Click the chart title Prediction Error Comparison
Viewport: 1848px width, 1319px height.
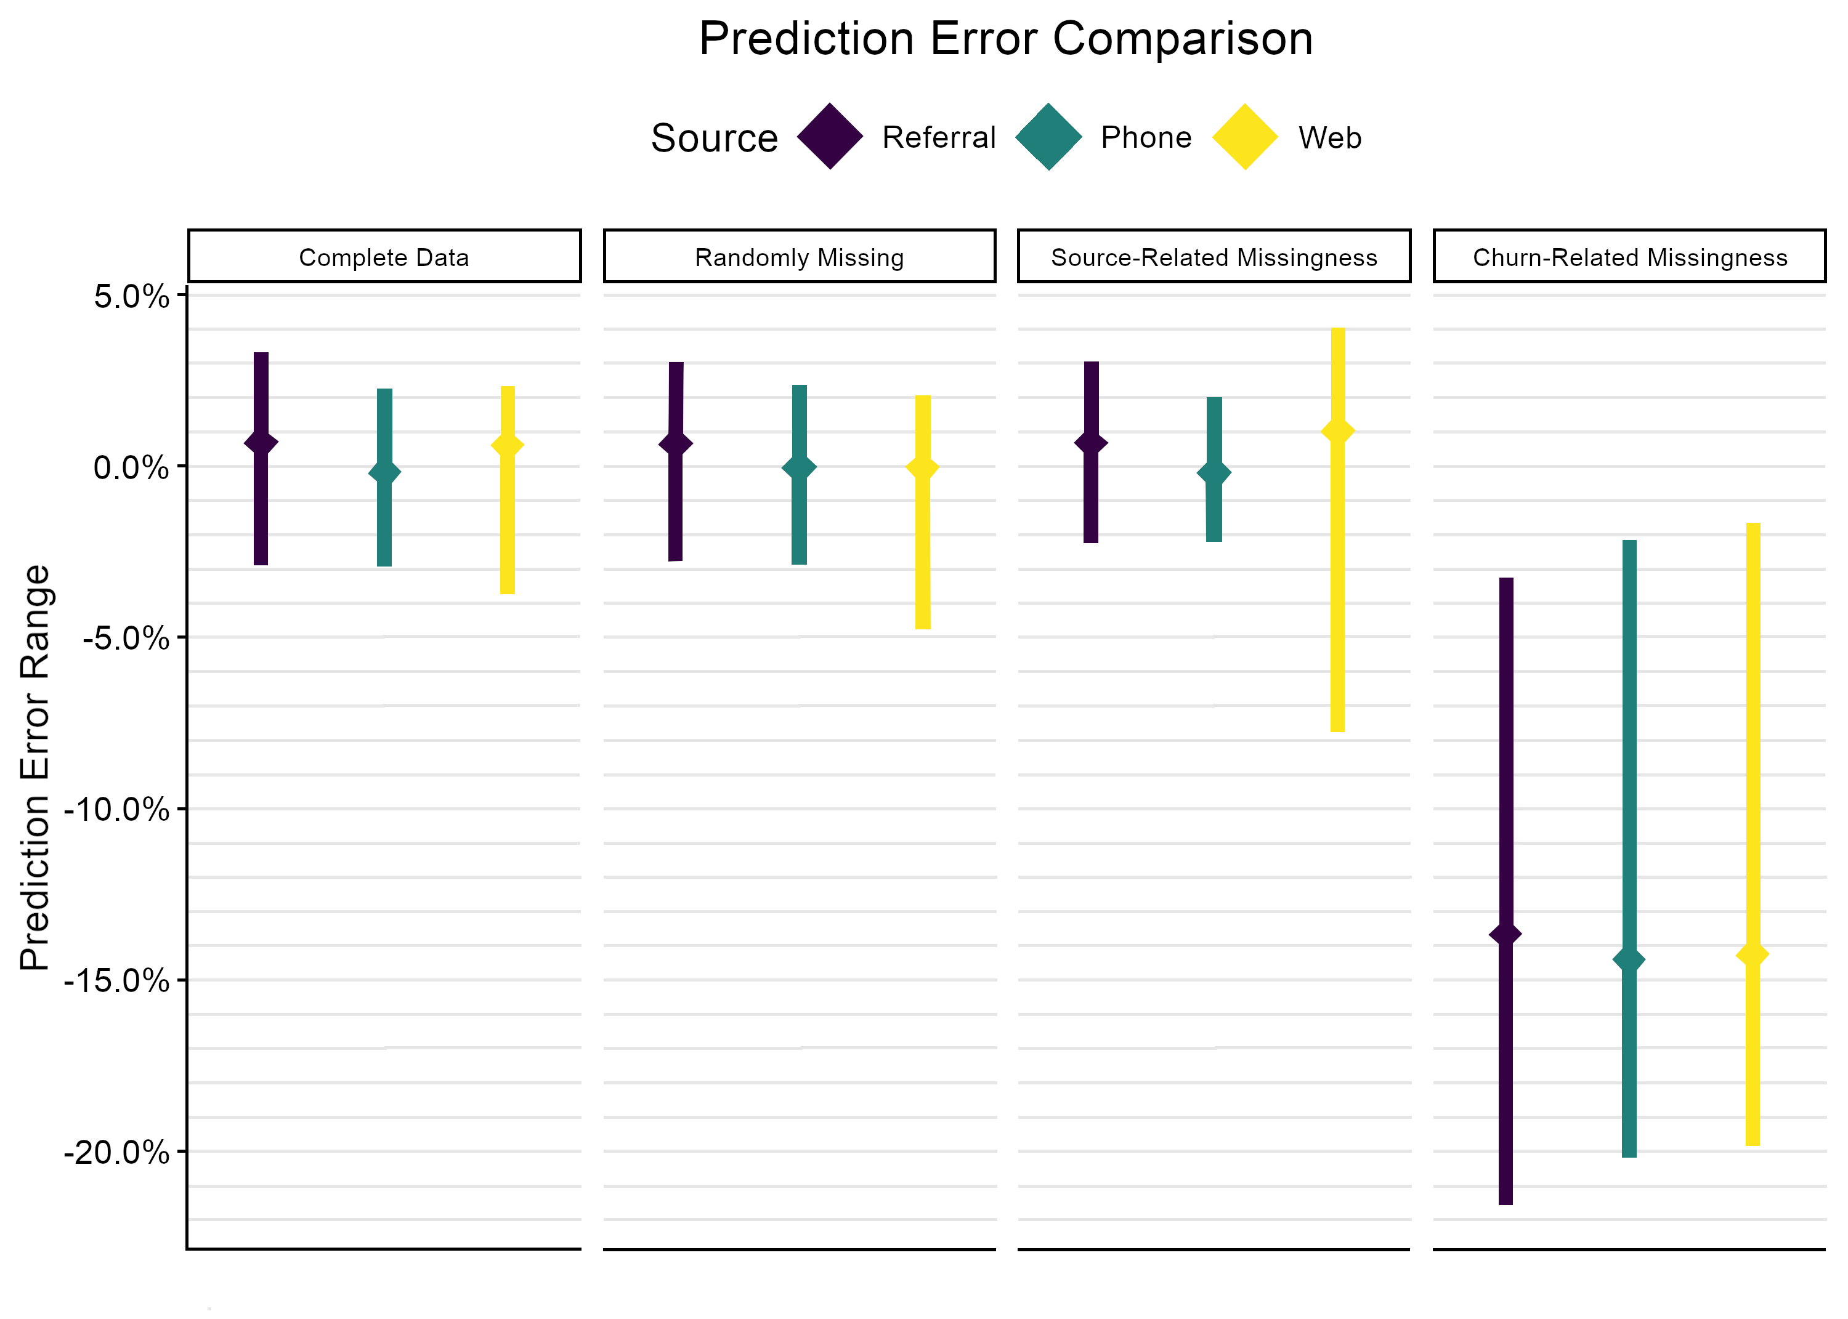[1006, 38]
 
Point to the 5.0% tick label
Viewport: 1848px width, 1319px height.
[132, 296]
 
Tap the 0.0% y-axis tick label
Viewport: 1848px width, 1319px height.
[132, 467]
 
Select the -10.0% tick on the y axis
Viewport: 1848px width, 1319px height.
[117, 810]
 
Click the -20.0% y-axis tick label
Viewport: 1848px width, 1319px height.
[117, 1152]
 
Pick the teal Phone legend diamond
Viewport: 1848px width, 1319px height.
[1048, 137]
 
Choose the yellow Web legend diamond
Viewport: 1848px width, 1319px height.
[1244, 137]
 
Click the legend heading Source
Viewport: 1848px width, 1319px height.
[714, 138]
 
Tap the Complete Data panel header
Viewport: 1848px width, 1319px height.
[384, 257]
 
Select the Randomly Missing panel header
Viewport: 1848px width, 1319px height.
[800, 257]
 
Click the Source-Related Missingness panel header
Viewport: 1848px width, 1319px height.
[1214, 257]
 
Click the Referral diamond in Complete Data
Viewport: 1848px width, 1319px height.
[261, 443]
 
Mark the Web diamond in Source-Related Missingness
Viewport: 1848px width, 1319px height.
[1338, 431]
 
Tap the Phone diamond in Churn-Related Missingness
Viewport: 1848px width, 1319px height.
[1629, 960]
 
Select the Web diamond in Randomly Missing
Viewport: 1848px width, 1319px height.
[923, 468]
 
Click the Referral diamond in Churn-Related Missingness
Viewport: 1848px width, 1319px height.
[1506, 934]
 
